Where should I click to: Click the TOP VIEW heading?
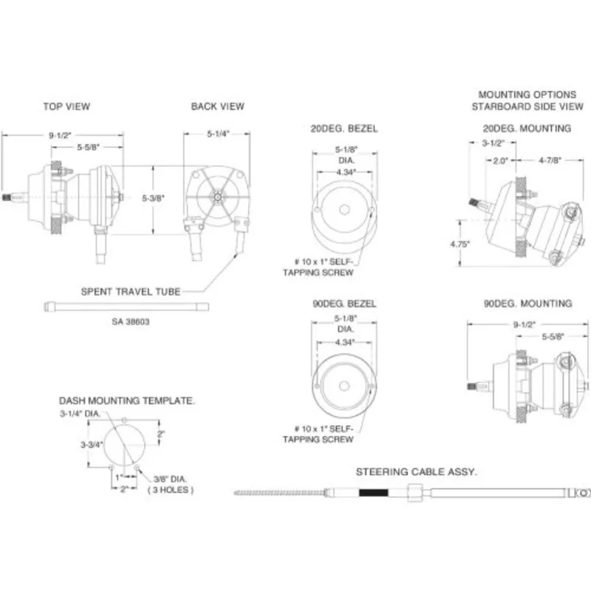(x=66, y=106)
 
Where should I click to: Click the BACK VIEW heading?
(x=217, y=106)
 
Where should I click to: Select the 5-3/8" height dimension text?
(x=154, y=198)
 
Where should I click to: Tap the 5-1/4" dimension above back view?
(x=218, y=134)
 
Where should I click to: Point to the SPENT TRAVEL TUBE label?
(x=131, y=292)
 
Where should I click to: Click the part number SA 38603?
(x=131, y=322)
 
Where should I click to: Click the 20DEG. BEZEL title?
(x=344, y=129)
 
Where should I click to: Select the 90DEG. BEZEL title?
(x=344, y=304)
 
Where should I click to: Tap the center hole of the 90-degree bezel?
(x=344, y=386)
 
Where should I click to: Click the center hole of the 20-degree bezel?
(x=344, y=210)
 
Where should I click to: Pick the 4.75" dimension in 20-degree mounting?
(x=460, y=245)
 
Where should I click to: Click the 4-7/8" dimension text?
(x=550, y=160)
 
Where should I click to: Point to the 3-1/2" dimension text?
(x=493, y=143)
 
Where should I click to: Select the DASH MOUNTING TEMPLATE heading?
(x=127, y=400)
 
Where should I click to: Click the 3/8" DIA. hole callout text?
(x=170, y=479)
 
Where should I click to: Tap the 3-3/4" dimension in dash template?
(x=92, y=445)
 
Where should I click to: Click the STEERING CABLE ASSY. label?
(x=417, y=472)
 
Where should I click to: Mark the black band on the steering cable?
(x=374, y=493)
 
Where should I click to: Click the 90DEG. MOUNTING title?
(x=527, y=304)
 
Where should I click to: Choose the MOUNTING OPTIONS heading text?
(x=527, y=95)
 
